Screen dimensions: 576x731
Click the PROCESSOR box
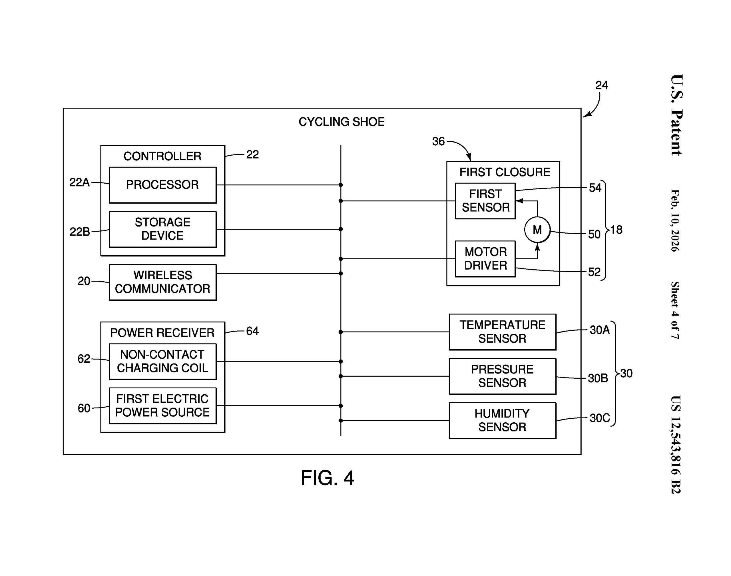coord(162,185)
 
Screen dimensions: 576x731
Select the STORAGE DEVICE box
coord(162,229)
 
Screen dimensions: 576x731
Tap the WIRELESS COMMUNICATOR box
coord(162,282)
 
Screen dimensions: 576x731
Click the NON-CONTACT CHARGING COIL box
coord(162,361)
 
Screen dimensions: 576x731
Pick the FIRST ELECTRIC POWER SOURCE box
coord(162,406)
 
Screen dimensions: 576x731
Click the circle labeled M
coord(537,230)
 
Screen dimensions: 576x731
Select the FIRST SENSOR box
coord(485,201)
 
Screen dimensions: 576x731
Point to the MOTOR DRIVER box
coord(485,259)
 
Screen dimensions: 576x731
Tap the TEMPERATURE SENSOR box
coord(502,332)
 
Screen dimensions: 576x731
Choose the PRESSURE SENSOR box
coord(502,376)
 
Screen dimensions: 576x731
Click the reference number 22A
coord(80,182)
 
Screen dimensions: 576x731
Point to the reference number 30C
coord(599,418)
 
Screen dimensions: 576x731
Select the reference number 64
coord(252,331)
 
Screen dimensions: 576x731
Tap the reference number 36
coord(438,141)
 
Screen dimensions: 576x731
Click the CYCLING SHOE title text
coord(341,122)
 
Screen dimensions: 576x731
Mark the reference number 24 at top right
coord(601,85)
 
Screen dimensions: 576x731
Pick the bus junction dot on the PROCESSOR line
coord(341,185)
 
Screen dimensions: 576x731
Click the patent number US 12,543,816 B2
coord(675,444)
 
